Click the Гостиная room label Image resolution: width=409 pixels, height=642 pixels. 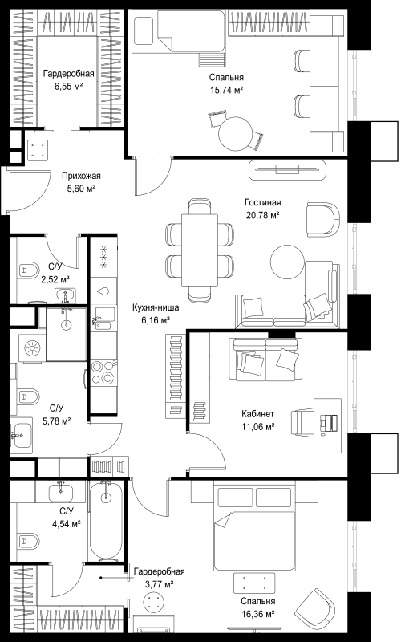(262, 202)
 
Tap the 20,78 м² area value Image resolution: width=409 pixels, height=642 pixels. (262, 214)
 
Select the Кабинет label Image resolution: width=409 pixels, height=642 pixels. (257, 414)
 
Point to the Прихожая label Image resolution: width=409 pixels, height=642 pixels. (81, 176)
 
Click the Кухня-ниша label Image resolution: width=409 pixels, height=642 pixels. (156, 307)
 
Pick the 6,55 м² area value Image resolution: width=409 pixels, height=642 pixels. (69, 86)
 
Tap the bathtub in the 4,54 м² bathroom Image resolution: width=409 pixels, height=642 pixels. (106, 521)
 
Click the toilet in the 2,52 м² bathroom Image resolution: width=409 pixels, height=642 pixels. (28, 270)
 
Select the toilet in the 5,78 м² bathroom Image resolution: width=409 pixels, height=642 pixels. (28, 396)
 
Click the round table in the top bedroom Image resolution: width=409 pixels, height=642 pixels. (236, 134)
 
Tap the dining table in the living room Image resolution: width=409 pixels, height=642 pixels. (200, 250)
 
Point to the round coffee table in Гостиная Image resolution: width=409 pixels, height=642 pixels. (288, 262)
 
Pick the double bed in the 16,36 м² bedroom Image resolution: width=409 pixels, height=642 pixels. (254, 527)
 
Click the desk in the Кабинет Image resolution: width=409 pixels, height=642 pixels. (327, 425)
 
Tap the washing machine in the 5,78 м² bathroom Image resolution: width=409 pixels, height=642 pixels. (32, 348)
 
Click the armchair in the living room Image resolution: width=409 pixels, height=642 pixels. (323, 218)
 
